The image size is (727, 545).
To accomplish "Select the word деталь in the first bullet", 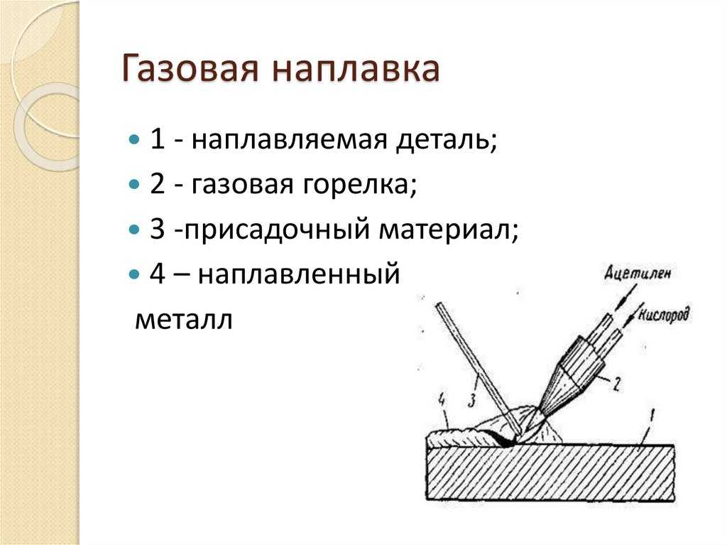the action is pos(446,139).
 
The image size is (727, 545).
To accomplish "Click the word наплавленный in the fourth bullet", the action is pos(299,274).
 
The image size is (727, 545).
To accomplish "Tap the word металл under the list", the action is pos(184,320).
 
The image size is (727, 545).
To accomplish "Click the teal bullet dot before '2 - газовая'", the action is pos(133,184).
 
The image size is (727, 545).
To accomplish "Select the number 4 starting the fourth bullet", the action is pos(157,274).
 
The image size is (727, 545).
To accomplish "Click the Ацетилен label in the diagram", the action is pos(638,274).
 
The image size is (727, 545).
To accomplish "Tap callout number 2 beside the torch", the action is pos(616,384).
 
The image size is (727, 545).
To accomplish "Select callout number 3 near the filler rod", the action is pos(472,400).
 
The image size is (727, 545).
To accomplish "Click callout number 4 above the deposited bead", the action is pos(443,400).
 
